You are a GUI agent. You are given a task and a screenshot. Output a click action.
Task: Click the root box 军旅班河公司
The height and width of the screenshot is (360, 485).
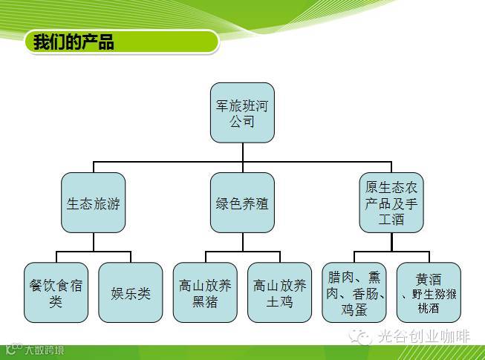point(242,113)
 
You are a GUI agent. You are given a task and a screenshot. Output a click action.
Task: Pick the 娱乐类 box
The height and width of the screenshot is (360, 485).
point(130,292)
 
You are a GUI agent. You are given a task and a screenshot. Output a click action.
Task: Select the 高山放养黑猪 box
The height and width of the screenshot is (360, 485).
point(205,292)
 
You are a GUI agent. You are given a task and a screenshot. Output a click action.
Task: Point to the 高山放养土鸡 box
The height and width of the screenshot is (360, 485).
point(279,292)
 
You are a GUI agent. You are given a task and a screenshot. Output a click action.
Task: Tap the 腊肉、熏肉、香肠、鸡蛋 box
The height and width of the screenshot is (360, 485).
point(354,292)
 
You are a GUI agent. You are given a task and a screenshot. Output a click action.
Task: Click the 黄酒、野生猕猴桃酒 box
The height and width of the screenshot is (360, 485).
point(429,292)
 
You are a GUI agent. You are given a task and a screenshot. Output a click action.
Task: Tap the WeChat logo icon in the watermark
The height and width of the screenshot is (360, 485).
point(362,336)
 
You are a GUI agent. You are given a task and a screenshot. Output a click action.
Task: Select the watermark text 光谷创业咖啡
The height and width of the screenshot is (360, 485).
point(423,336)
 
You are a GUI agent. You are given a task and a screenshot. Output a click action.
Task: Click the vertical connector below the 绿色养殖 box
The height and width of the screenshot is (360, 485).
point(242,242)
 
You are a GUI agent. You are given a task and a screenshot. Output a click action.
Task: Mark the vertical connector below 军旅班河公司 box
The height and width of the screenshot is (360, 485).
point(242,151)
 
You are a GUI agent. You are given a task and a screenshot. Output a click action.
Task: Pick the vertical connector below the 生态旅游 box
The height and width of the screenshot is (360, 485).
point(93,242)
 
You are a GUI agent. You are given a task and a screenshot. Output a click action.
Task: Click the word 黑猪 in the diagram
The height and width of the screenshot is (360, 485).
point(205,301)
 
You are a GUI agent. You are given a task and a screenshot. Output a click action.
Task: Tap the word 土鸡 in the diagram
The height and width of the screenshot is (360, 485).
point(279,301)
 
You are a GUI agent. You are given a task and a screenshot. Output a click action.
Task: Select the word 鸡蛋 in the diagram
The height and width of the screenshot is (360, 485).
point(354,309)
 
